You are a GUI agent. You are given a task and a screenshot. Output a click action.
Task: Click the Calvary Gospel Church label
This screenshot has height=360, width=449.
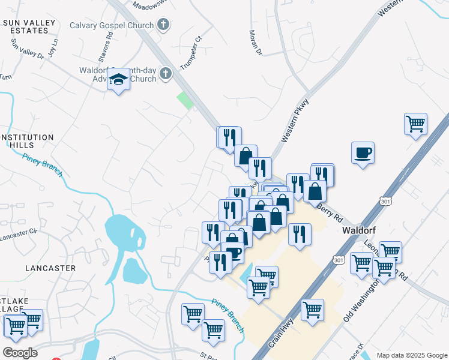tap(112, 25)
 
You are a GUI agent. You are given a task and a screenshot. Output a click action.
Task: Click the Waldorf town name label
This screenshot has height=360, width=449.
tap(359, 230)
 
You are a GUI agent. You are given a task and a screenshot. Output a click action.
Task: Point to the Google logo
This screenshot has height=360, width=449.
tap(20, 352)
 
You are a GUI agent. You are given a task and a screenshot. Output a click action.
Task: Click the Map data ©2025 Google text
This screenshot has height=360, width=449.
tap(411, 355)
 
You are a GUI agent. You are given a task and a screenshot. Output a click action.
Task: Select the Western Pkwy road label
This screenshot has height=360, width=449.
tap(294, 121)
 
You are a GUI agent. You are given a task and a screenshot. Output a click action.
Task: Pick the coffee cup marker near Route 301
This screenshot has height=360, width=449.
tap(363, 152)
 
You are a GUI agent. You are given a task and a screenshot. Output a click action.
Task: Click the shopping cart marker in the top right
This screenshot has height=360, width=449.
tap(415, 124)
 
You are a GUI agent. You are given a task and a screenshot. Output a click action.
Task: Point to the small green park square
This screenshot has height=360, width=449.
tap(185, 100)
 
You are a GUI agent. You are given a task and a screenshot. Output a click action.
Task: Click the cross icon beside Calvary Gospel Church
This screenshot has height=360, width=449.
tap(161, 25)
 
